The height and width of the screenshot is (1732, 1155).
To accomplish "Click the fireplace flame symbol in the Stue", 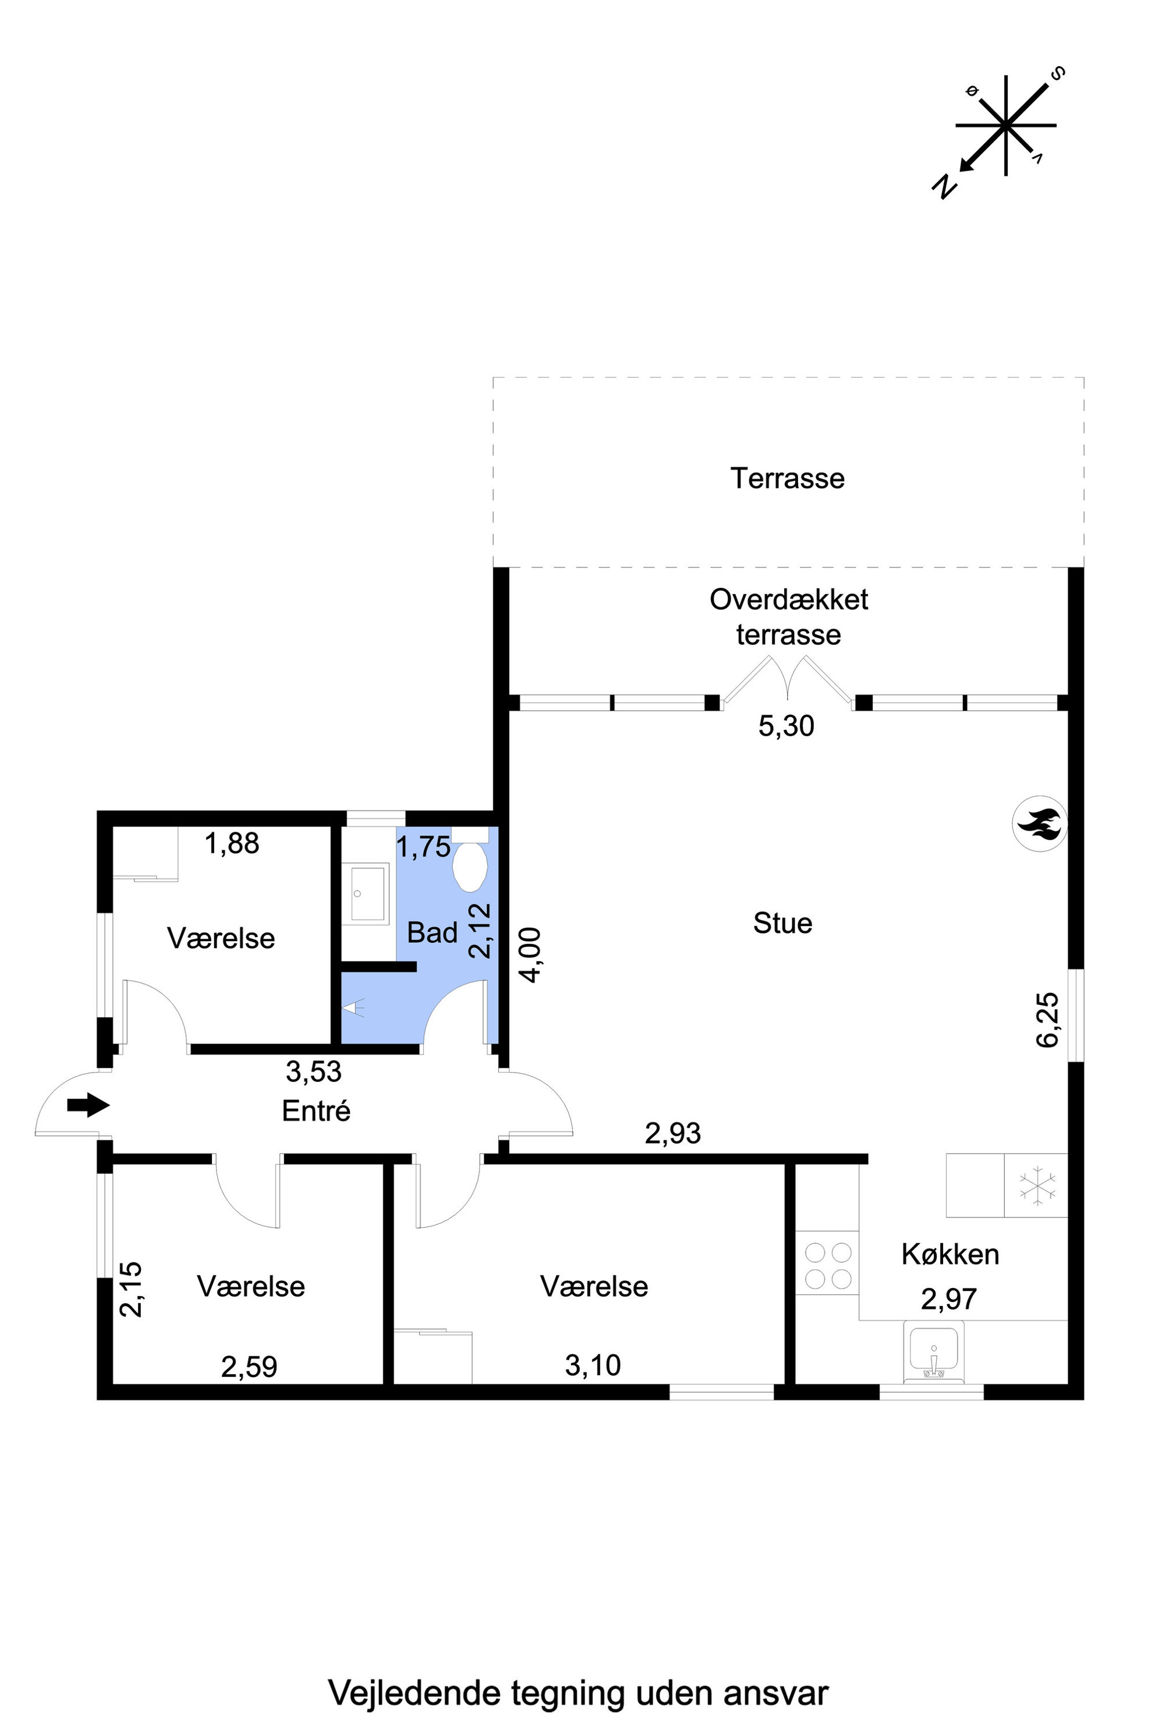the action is [x=1039, y=824].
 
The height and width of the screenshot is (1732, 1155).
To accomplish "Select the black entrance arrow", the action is [x=88, y=1105].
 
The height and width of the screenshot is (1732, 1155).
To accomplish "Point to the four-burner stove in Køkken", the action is [x=828, y=1266].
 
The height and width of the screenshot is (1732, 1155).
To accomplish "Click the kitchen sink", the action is [x=934, y=1351].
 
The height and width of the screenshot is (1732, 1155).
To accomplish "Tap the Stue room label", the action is [x=782, y=924].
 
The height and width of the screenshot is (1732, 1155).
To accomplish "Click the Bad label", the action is [x=433, y=933].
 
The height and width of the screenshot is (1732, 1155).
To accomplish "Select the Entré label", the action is [x=316, y=1110].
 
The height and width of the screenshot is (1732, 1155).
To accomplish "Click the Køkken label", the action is [x=950, y=1254].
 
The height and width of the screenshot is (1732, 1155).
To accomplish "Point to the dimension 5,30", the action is [x=786, y=726].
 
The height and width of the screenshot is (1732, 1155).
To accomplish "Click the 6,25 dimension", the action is [x=1047, y=1020].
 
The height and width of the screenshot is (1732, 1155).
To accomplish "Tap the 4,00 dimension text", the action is [x=530, y=954].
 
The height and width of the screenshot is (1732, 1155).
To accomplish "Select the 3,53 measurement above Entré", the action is [x=314, y=1072].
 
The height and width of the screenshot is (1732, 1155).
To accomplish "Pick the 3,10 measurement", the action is [x=593, y=1365].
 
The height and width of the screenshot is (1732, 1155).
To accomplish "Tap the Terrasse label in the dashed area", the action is [x=788, y=478].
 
